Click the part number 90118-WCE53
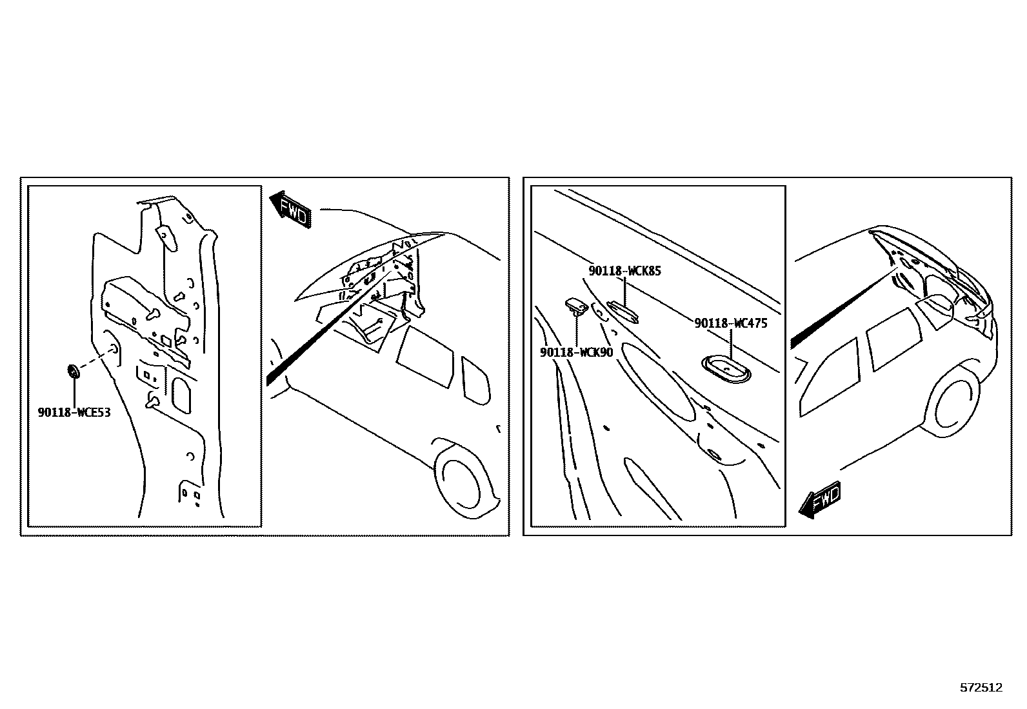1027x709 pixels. point(74,412)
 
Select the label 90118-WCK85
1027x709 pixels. point(625,271)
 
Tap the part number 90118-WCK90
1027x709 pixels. point(576,352)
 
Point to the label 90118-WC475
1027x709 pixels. point(731,323)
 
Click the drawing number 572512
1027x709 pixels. point(981,688)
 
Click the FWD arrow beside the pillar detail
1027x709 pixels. point(290,210)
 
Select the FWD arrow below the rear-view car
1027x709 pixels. point(819,500)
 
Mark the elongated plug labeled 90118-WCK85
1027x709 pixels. point(623,312)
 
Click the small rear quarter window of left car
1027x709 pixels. point(475,381)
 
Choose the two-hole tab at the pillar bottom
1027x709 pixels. point(190,493)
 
